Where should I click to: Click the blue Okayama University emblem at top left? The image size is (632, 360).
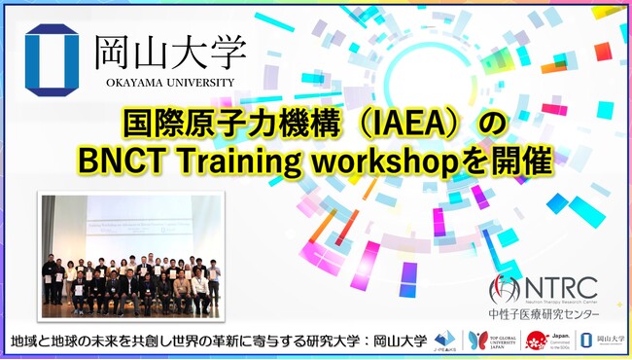click(53, 60)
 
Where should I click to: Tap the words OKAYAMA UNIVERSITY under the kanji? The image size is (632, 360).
click(171, 83)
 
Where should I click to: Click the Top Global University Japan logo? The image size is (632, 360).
click(487, 341)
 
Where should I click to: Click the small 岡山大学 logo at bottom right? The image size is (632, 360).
click(602, 341)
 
